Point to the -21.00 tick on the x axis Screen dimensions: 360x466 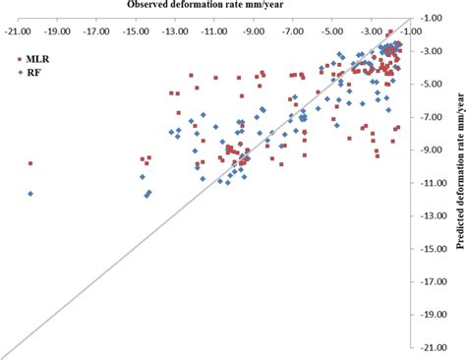[x=16, y=30]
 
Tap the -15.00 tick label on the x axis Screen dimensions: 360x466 [x=136, y=30]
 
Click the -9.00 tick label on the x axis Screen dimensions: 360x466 [x=255, y=30]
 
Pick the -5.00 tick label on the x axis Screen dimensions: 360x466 [x=333, y=30]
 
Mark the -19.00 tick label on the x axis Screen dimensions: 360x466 [x=56, y=30]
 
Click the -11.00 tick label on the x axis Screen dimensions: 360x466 [x=214, y=30]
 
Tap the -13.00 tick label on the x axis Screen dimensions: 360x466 [x=175, y=30]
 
